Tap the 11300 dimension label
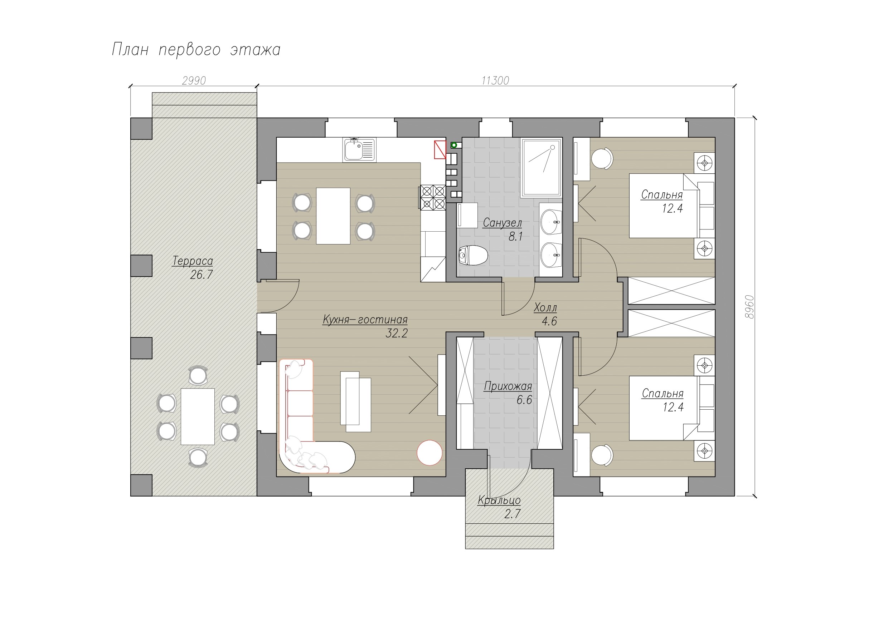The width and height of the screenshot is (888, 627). pyautogui.click(x=495, y=80)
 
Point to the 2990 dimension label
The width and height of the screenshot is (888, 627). pyautogui.click(x=194, y=80)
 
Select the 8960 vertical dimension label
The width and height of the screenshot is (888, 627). pyautogui.click(x=749, y=307)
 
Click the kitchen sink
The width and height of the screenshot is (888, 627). pyautogui.click(x=359, y=149)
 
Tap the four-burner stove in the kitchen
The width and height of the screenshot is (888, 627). pyautogui.click(x=433, y=197)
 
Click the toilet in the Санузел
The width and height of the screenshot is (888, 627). pyautogui.click(x=472, y=255)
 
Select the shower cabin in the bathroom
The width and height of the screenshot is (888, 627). pyautogui.click(x=541, y=168)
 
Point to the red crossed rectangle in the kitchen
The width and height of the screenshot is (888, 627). pyautogui.click(x=440, y=149)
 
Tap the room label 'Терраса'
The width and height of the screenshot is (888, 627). pyautogui.click(x=192, y=261)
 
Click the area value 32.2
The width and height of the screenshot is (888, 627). pyautogui.click(x=397, y=333)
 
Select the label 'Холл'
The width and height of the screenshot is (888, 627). pyautogui.click(x=545, y=308)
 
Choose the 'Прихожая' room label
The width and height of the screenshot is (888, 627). pyautogui.click(x=508, y=386)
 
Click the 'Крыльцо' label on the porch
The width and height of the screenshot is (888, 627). pyautogui.click(x=499, y=500)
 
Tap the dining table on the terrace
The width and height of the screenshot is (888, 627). pyautogui.click(x=198, y=416)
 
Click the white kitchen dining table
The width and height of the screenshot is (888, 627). pyautogui.click(x=333, y=216)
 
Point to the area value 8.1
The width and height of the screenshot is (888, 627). pyautogui.click(x=515, y=237)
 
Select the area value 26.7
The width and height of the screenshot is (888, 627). pyautogui.click(x=201, y=275)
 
